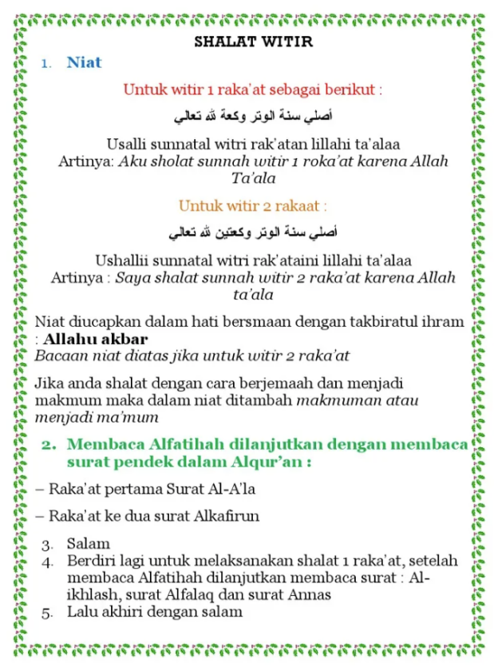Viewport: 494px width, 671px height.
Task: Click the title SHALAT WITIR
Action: coord(253,42)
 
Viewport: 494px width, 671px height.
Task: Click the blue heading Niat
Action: coord(84,62)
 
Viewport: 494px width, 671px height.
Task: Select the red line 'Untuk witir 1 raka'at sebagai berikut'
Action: coord(252,89)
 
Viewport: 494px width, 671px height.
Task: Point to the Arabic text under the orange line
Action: coord(253,233)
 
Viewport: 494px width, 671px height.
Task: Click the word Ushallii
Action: coord(124,260)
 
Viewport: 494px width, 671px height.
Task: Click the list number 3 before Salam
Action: coord(48,545)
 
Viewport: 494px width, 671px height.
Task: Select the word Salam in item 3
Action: coord(89,544)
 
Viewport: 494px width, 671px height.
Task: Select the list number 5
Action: coord(48,613)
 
